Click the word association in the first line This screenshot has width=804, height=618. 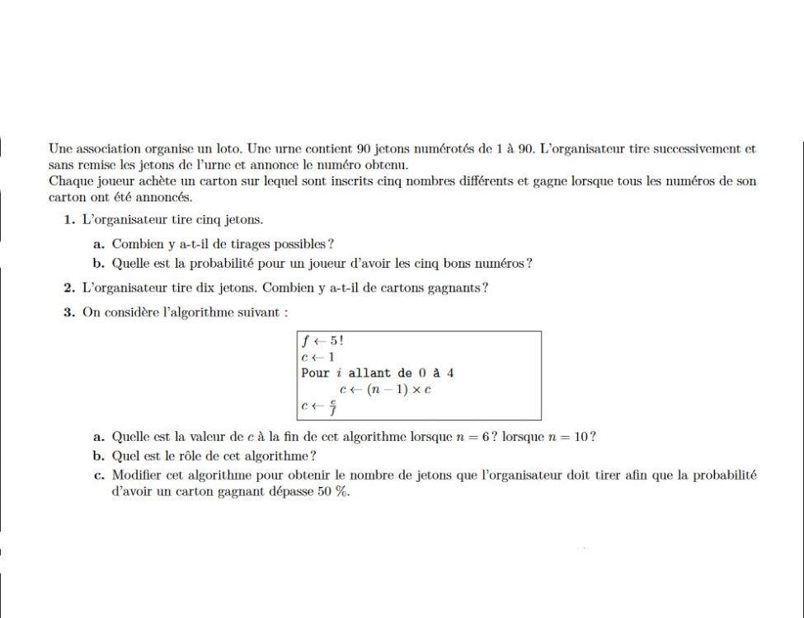108,149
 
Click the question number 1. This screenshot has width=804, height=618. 69,220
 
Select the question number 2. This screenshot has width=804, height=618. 69,288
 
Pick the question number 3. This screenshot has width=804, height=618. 69,312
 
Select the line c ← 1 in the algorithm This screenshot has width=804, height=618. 318,357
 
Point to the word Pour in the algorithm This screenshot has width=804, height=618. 315,372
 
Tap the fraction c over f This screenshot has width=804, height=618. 332,406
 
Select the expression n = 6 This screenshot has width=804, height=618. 472,437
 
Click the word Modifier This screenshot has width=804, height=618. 137,475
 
